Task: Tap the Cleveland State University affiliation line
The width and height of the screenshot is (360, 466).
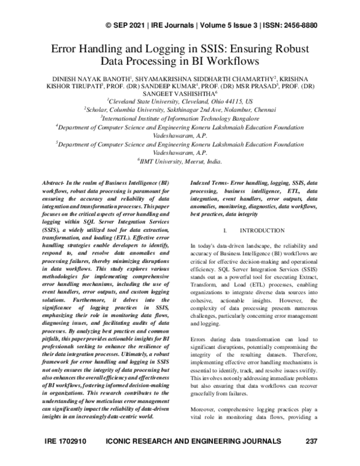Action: point(179,102)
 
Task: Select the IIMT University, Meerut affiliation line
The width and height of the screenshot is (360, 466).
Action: point(179,161)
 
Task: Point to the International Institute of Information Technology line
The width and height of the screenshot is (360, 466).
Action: point(179,119)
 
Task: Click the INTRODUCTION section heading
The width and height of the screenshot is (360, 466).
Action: point(262,231)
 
